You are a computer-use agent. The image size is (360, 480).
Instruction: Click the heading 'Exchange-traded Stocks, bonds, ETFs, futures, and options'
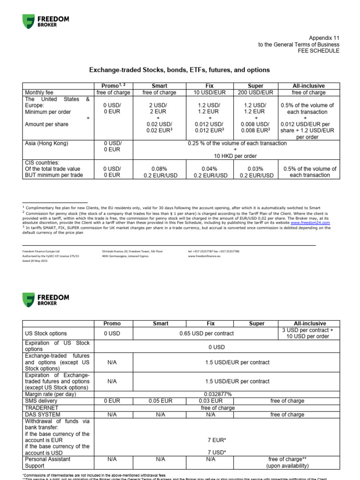[x=180, y=70]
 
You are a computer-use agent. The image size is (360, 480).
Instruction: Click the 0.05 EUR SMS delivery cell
[x=160, y=401]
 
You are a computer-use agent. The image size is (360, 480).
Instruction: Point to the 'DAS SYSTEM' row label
[x=42, y=414]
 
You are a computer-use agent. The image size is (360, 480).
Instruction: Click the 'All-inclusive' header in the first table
[x=308, y=86]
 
